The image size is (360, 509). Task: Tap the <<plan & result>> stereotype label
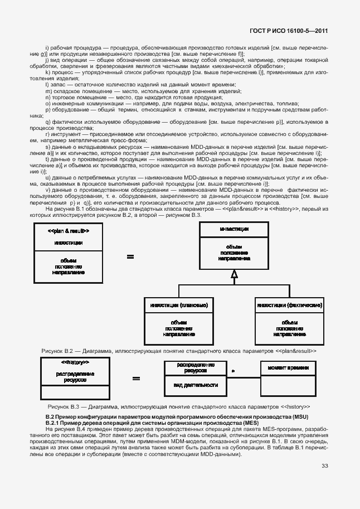68,231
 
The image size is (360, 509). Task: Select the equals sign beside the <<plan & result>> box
130,257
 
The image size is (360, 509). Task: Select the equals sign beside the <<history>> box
135,379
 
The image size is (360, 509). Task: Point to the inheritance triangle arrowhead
235,273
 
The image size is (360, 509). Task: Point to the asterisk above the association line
233,370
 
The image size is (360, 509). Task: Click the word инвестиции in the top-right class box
234,229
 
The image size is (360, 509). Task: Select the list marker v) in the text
47,191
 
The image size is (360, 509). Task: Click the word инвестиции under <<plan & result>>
69,243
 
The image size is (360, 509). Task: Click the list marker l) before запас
47,85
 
